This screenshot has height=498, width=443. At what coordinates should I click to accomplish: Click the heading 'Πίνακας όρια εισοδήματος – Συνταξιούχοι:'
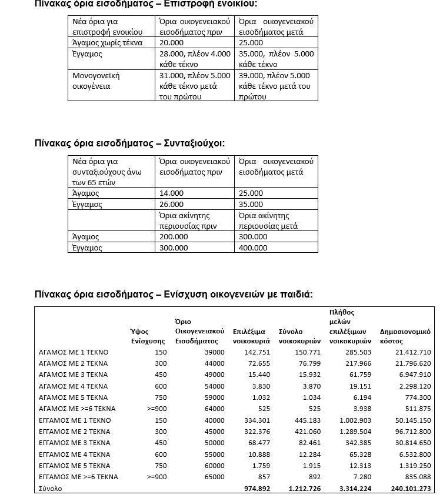point(129,143)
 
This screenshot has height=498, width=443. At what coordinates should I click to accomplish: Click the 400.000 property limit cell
point(251,248)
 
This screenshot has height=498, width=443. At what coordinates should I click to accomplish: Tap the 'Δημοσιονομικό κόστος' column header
point(406,336)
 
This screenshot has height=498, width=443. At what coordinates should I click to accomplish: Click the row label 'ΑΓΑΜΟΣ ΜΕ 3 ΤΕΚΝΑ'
point(73,375)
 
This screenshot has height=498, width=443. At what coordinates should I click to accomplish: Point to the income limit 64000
point(214,409)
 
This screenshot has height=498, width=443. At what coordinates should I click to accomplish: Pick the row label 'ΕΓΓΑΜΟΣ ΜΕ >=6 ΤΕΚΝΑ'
point(78,477)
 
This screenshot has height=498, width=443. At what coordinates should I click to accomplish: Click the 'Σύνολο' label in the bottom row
point(51,489)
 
